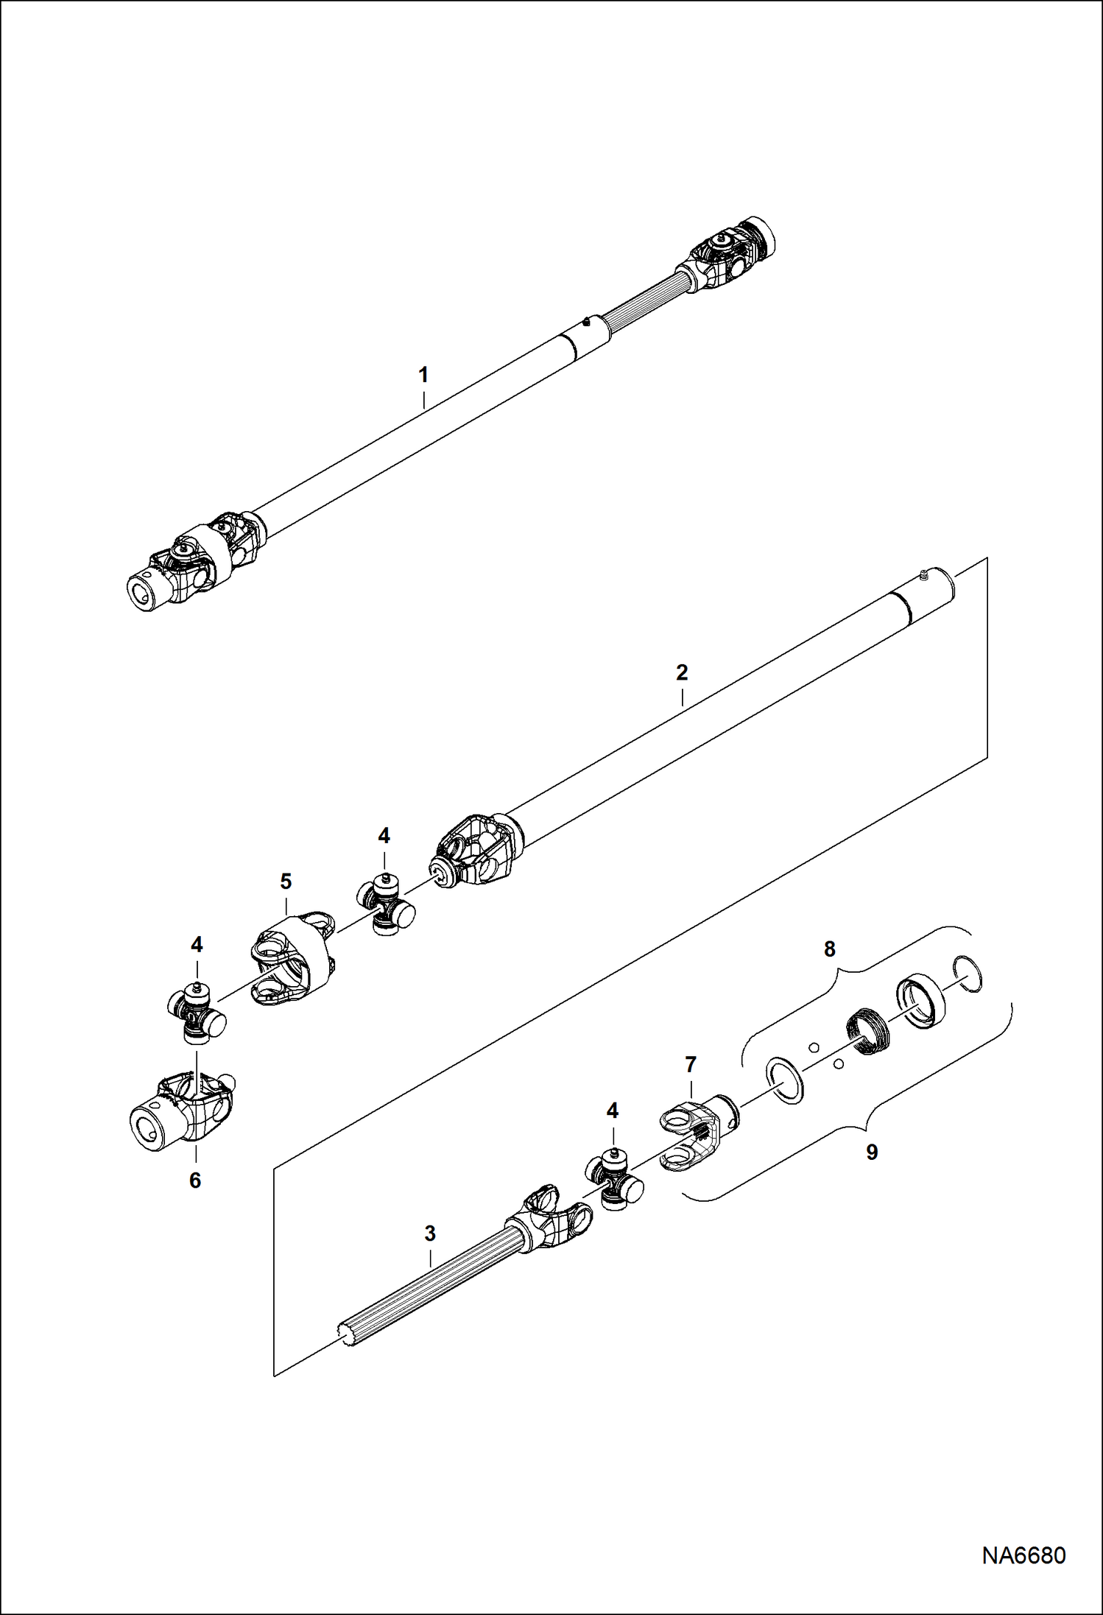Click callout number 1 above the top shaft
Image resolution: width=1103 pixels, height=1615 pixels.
(x=423, y=375)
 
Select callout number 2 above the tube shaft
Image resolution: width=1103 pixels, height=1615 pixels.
(x=682, y=672)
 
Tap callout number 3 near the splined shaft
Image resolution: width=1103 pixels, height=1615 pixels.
(x=430, y=1233)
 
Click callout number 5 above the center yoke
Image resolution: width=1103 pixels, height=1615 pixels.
(x=286, y=882)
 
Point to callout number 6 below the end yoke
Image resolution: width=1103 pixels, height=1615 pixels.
(x=195, y=1181)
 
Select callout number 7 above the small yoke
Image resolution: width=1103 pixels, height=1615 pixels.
(x=690, y=1065)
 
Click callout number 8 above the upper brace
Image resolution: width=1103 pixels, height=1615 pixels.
(x=830, y=949)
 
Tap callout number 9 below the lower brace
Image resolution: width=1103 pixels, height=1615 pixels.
(x=872, y=1153)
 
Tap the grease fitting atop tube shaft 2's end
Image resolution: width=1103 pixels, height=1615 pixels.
(x=923, y=571)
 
